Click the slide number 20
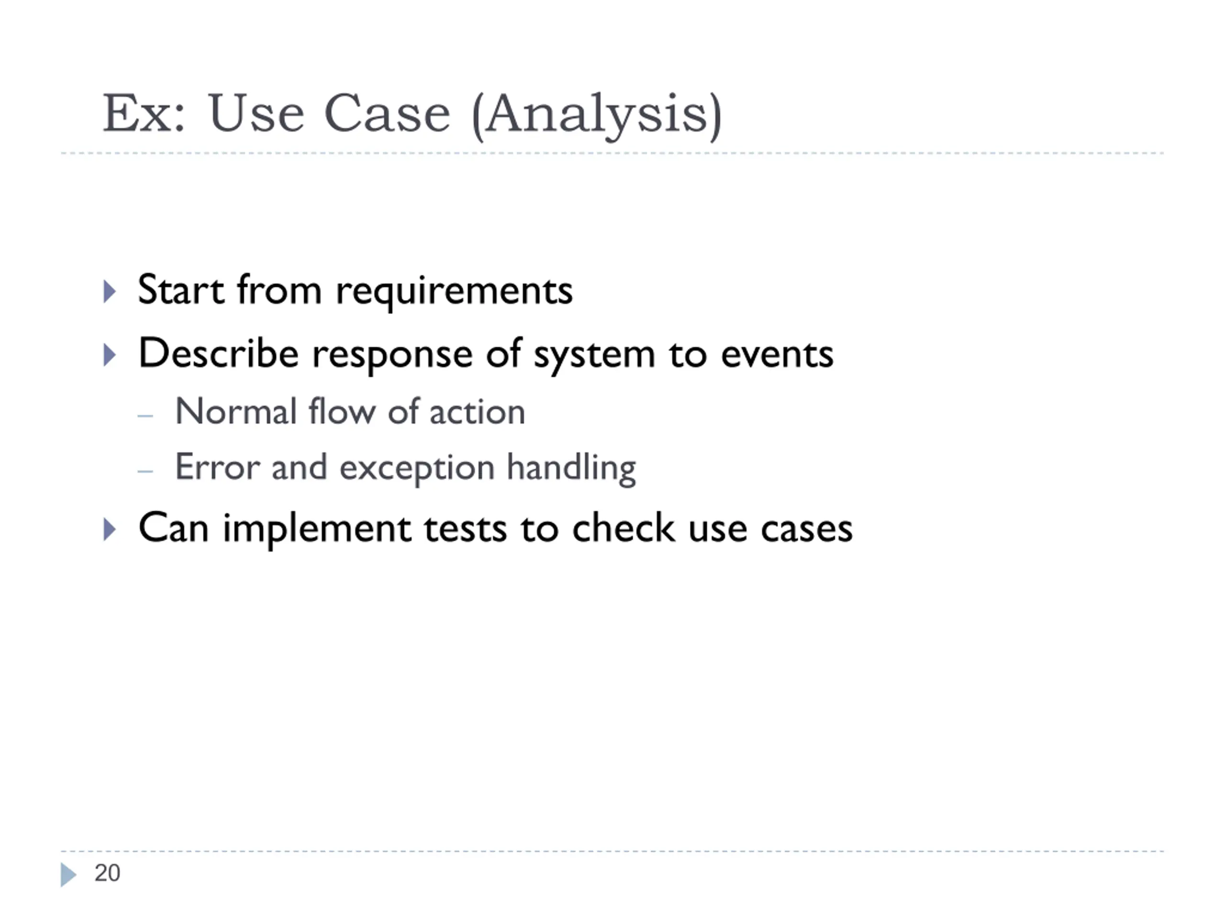[x=108, y=873]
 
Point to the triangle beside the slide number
[x=67, y=874]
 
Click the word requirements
[x=454, y=292]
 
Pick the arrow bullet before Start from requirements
[x=110, y=291]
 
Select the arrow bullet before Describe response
[x=110, y=355]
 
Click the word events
[x=777, y=355]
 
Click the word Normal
[x=236, y=412]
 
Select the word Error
[x=217, y=467]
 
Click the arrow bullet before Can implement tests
[x=110, y=529]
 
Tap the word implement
[x=317, y=529]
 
